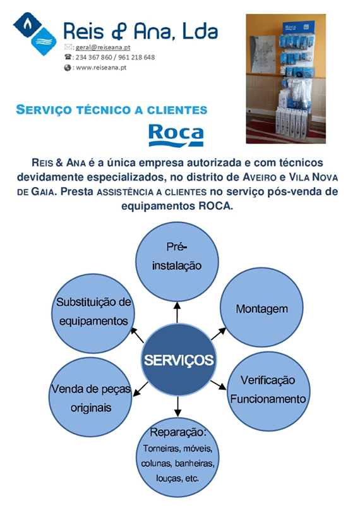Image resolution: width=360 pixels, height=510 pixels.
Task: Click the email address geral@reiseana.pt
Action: point(103,47)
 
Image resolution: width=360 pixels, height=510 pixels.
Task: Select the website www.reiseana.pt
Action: point(101,68)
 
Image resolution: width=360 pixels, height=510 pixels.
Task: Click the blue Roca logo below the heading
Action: point(176,135)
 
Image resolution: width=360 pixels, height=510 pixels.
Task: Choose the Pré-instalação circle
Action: point(177,262)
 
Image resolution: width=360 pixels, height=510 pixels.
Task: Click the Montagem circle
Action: point(261,307)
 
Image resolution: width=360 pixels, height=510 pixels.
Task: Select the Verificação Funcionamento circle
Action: point(268,391)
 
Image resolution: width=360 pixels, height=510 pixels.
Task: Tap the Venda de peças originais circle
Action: point(91,397)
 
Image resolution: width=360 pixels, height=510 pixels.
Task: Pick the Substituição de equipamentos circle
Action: point(93,313)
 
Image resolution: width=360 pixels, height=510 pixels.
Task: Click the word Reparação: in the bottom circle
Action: point(178,432)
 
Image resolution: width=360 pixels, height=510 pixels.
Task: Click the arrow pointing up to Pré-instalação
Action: point(177,313)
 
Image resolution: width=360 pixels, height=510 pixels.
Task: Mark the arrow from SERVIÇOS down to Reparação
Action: point(177,406)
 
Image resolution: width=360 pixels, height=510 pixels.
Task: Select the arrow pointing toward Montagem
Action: point(219,334)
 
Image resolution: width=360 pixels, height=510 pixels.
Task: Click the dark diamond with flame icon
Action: point(28,25)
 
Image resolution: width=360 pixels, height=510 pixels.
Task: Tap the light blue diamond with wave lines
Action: point(44,42)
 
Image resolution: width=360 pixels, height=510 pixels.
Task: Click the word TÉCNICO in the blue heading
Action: point(105,110)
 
